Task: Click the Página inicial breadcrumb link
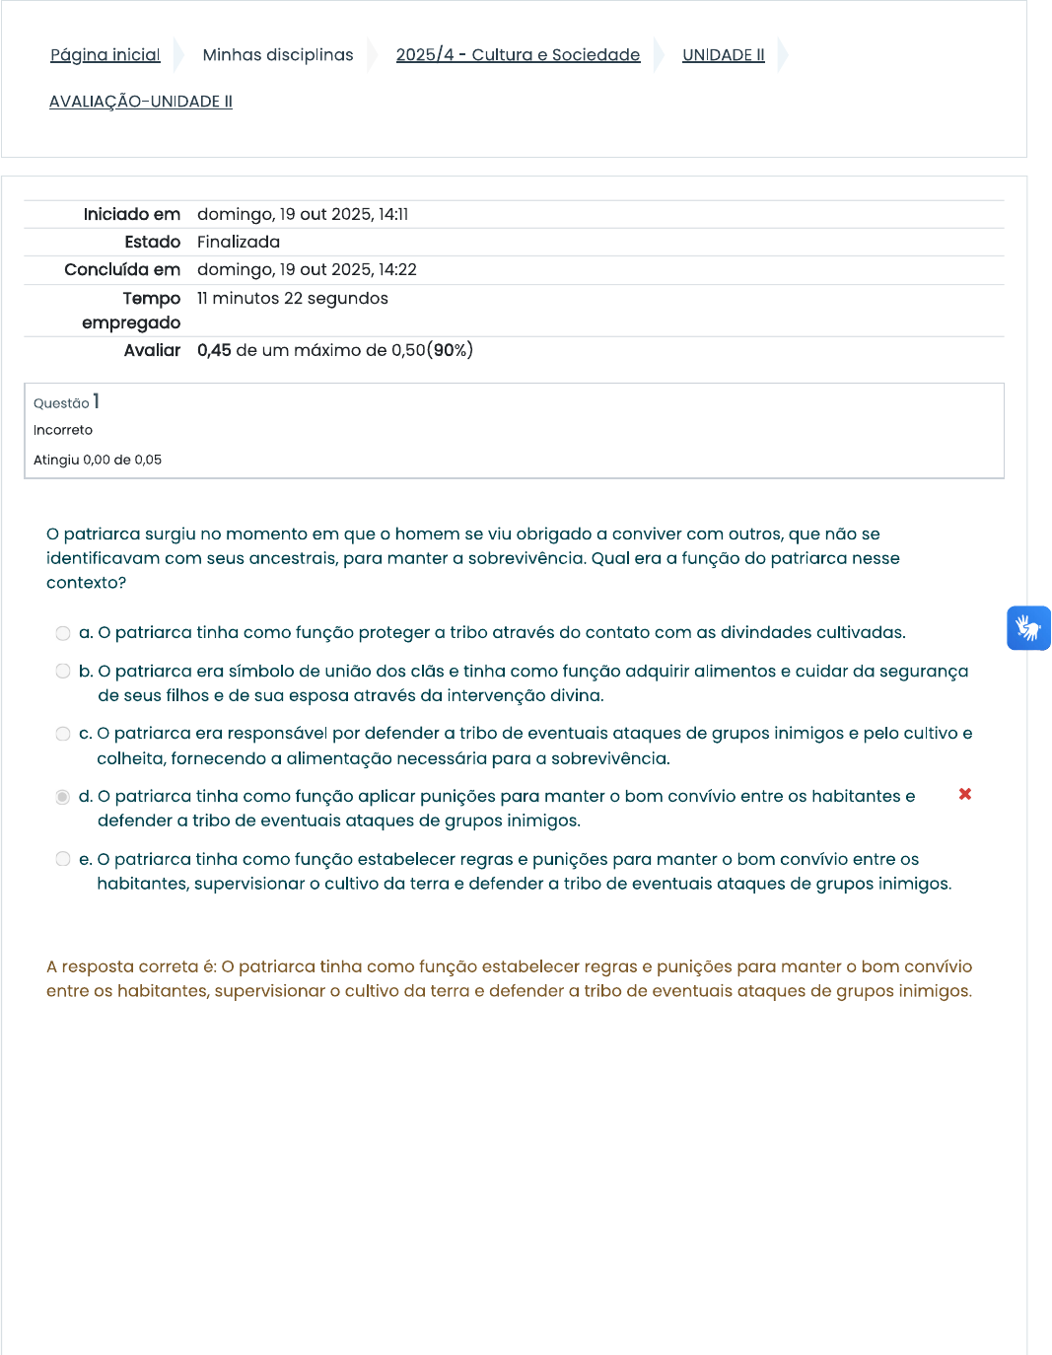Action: pos(105,55)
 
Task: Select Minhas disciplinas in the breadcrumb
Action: pos(277,55)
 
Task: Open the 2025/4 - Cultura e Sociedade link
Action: pos(518,55)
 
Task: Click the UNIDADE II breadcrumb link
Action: pos(723,55)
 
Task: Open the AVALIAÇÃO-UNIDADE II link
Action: pos(141,102)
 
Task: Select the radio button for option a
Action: pos(63,633)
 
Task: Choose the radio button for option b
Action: pos(63,672)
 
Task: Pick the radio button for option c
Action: pos(63,734)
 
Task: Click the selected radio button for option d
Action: pos(63,797)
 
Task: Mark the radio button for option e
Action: pos(63,859)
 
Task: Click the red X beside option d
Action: pos(965,794)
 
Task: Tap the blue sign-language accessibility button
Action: pos(1028,628)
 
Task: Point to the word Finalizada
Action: pos(239,243)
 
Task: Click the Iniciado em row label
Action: pos(132,215)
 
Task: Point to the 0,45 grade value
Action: pos(214,350)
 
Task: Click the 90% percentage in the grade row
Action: pos(450,350)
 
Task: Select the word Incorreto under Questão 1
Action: pos(63,430)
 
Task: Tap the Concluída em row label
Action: pos(122,270)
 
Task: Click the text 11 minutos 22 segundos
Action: pos(293,299)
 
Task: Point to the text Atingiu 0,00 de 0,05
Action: pos(98,460)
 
